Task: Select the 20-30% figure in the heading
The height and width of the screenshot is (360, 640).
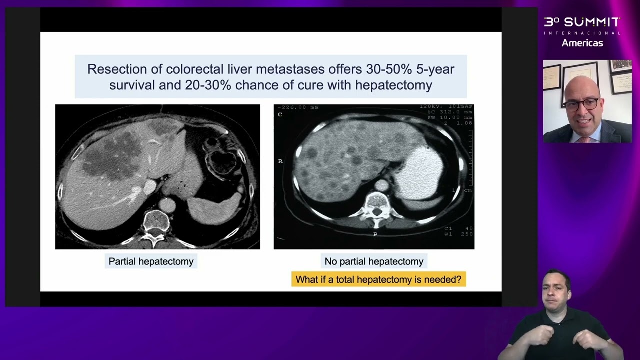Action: (208, 85)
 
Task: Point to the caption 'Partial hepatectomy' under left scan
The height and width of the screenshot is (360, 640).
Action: (151, 261)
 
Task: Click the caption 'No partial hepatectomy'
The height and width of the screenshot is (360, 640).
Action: (374, 261)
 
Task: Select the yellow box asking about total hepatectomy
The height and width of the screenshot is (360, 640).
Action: (378, 279)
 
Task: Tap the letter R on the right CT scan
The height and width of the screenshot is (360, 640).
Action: (280, 161)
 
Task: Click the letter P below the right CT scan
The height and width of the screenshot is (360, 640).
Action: (375, 234)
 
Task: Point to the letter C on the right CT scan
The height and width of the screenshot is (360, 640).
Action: (280, 114)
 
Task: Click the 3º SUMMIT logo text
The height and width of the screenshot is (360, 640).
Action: (582, 22)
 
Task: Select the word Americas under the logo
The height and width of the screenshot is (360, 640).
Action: (582, 43)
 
